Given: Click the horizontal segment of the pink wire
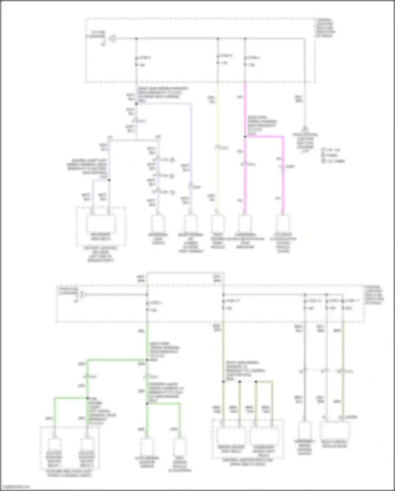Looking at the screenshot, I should pos(264,137).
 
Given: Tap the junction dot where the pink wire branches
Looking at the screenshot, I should pos(245,137).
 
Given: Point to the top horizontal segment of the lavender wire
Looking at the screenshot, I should pos(163,104).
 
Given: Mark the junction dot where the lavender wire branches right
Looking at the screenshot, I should pos(136,104).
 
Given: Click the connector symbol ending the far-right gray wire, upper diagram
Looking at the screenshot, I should pos(305,129).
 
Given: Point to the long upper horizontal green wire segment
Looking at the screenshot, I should pos(117,360).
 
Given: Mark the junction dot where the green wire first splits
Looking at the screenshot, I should pos(147,360).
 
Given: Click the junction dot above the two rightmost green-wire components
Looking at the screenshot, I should pos(147,404).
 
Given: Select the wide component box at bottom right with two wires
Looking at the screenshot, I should pos(334,430).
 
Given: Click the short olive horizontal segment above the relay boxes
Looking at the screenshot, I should pos(264,382).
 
